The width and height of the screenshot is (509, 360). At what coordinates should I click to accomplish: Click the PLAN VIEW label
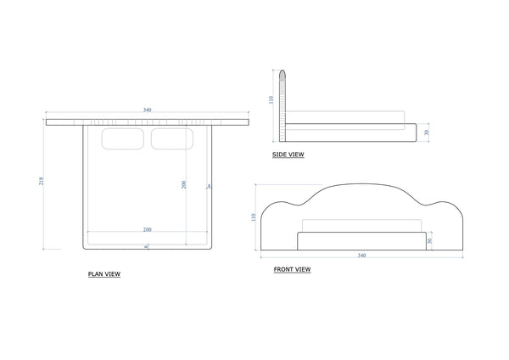click(103, 274)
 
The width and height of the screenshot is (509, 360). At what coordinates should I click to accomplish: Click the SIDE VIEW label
click(288, 155)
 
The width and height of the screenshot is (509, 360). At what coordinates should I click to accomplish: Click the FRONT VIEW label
click(292, 269)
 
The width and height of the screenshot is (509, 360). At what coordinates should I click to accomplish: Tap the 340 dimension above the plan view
click(148, 110)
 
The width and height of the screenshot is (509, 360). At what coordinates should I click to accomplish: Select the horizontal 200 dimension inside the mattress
click(147, 230)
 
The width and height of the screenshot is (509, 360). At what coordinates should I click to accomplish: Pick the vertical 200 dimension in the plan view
click(184, 185)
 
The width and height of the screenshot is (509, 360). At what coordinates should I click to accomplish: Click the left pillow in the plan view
click(124, 139)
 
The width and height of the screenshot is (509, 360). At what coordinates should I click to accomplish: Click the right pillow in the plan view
click(172, 139)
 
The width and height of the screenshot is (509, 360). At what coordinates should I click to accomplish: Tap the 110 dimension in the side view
click(271, 98)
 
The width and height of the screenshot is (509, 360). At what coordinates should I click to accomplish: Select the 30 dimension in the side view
click(427, 132)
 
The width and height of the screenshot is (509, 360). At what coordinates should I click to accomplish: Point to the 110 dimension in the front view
click(254, 217)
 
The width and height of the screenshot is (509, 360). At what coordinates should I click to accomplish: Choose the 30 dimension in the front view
click(430, 240)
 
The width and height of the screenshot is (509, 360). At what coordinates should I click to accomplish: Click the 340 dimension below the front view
click(362, 255)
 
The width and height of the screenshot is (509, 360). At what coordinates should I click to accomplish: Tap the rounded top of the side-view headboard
click(286, 74)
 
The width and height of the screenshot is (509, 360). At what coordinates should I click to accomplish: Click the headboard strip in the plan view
click(148, 122)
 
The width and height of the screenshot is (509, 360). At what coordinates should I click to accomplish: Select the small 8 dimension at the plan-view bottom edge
click(147, 246)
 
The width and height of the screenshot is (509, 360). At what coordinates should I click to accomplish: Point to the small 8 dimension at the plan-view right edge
click(210, 186)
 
